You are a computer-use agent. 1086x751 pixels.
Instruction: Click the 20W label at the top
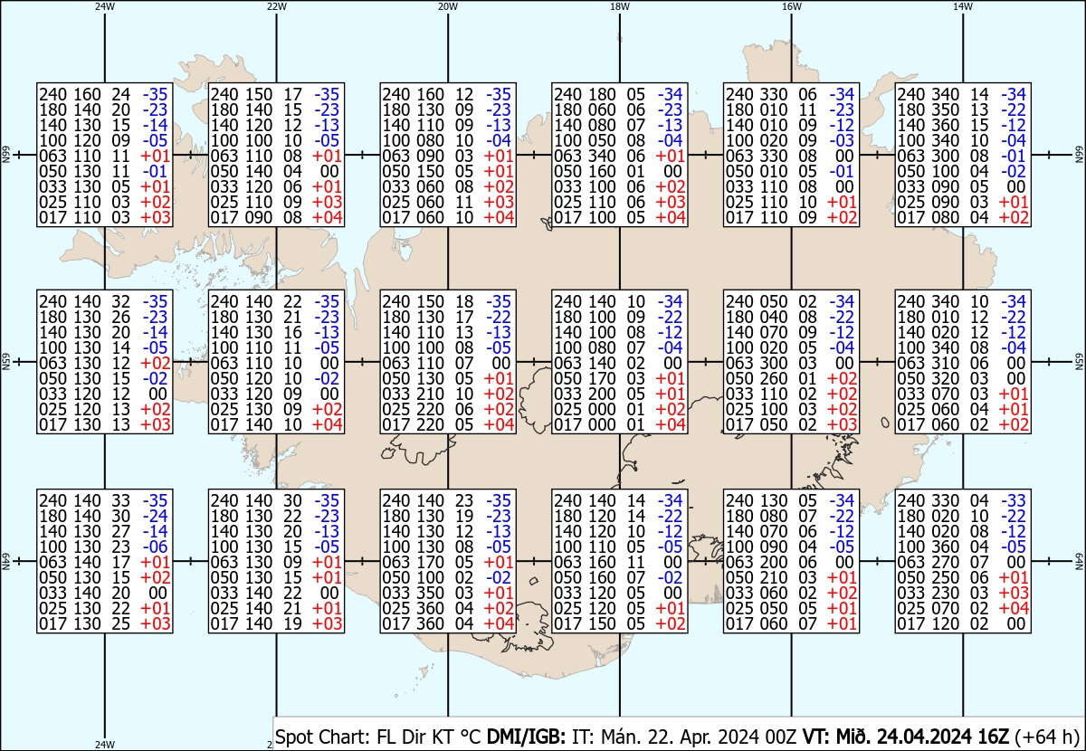447,6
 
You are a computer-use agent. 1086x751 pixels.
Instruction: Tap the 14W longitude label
962,6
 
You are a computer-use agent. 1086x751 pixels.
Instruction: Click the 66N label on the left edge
5,155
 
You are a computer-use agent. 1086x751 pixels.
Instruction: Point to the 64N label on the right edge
1079,561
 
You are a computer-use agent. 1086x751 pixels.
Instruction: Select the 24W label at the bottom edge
105,744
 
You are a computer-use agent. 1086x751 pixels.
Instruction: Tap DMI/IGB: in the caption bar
526,737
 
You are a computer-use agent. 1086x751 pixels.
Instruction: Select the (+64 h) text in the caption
1046,737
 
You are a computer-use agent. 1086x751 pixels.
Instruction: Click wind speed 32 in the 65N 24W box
120,301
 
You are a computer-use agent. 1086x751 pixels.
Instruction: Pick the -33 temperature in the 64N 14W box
1014,500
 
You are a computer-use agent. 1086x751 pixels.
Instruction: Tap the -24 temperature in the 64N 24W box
155,516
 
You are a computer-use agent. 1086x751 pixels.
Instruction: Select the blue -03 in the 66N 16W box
842,140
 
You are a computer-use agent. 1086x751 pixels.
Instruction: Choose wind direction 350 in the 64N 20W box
430,593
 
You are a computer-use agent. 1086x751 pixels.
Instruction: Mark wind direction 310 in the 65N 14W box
945,363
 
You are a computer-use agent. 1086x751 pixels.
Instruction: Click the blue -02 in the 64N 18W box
670,577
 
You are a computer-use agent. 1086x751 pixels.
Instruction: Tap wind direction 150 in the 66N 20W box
430,171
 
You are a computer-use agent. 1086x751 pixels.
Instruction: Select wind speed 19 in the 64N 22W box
292,623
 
